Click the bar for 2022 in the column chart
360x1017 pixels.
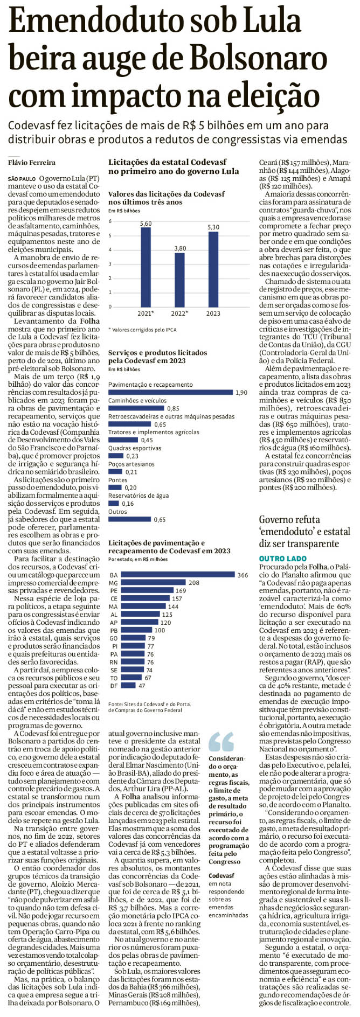[179, 280]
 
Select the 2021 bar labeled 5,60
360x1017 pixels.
[146, 267]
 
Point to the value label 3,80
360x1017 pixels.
[179, 248]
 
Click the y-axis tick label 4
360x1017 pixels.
[110, 250]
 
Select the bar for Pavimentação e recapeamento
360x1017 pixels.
[170, 393]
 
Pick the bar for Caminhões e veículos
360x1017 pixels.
[136, 408]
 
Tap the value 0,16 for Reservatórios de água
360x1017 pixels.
[128, 504]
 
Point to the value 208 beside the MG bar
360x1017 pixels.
[194, 583]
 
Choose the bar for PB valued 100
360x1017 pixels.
[136, 630]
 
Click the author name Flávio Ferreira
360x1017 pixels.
[32, 163]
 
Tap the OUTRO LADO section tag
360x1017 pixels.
[282, 559]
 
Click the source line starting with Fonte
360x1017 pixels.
[149, 707]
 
